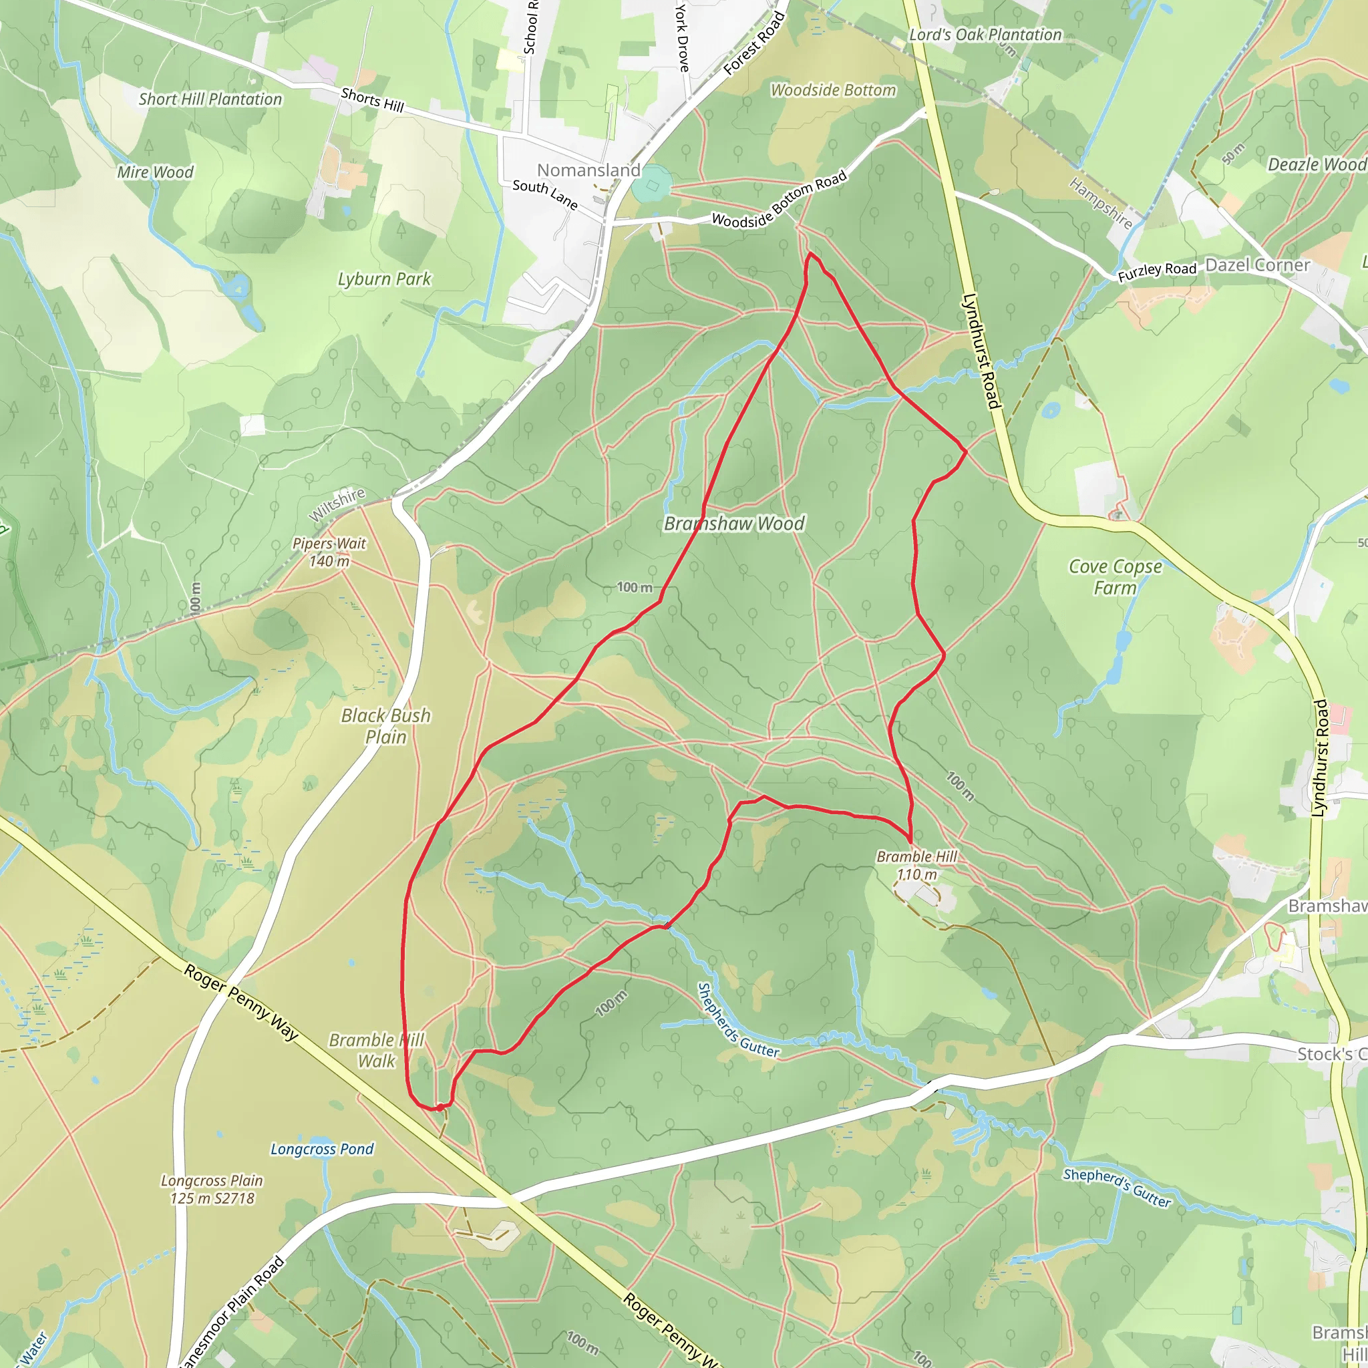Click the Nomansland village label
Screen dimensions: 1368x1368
[x=588, y=170]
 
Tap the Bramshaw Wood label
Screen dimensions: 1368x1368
[x=734, y=523]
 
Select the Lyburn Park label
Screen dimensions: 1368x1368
[x=384, y=279]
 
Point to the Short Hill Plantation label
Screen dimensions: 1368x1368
[x=210, y=99]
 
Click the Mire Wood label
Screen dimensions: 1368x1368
[x=155, y=172]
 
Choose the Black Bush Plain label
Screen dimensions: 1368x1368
[x=386, y=726]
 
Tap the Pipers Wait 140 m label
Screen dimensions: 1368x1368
[x=329, y=552]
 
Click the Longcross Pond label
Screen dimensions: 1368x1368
[x=322, y=1148]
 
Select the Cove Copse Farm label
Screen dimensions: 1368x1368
[x=1116, y=577]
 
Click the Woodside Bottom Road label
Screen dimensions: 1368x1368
[x=779, y=200]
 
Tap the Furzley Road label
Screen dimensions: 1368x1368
[x=1157, y=271]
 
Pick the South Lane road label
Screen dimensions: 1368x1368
[x=544, y=194]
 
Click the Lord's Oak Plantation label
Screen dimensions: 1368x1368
[x=985, y=35]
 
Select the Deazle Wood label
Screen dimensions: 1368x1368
[x=1317, y=164]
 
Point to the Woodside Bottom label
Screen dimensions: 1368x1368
[x=834, y=90]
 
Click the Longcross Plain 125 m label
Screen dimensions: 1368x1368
[x=212, y=1189]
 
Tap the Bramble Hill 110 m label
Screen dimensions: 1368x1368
[x=917, y=865]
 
